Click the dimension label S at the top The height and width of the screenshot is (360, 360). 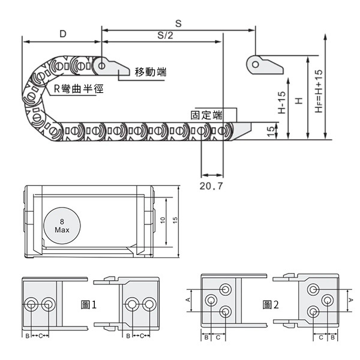click(178, 23)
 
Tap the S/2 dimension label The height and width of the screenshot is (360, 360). click(165, 35)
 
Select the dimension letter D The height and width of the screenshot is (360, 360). click(62, 34)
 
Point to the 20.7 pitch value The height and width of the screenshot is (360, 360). click(211, 186)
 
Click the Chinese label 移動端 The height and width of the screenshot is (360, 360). click(151, 72)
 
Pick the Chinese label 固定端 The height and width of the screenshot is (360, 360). click(206, 115)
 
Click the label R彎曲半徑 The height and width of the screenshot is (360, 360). click(79, 89)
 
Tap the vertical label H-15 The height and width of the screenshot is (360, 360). click(282, 103)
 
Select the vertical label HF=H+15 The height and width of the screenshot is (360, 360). click(319, 91)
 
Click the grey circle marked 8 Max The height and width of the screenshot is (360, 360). click(62, 226)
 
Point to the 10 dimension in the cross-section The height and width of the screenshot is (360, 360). click(163, 220)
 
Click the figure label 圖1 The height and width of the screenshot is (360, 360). click(89, 305)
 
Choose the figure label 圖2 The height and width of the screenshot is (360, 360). click(271, 305)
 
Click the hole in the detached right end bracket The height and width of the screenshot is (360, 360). click(256, 64)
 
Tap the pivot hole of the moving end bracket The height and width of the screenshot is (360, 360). click(101, 66)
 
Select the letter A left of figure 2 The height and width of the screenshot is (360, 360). click(188, 300)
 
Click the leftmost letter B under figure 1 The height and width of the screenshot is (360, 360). click(28, 336)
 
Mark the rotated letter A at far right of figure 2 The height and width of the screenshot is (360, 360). click(350, 300)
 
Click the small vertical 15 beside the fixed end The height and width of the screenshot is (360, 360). click(271, 131)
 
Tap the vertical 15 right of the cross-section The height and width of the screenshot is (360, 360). click(175, 220)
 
